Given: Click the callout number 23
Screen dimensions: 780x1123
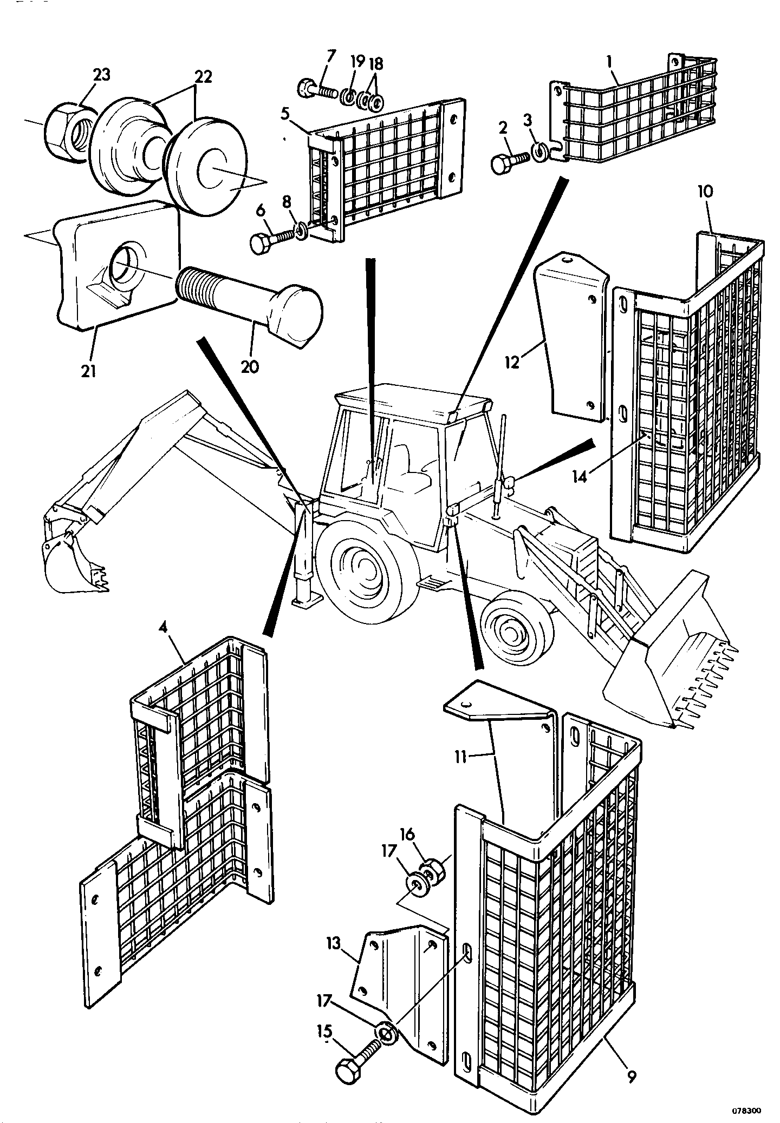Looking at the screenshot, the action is coord(101,75).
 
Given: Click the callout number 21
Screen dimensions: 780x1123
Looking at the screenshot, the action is coord(89,371).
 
